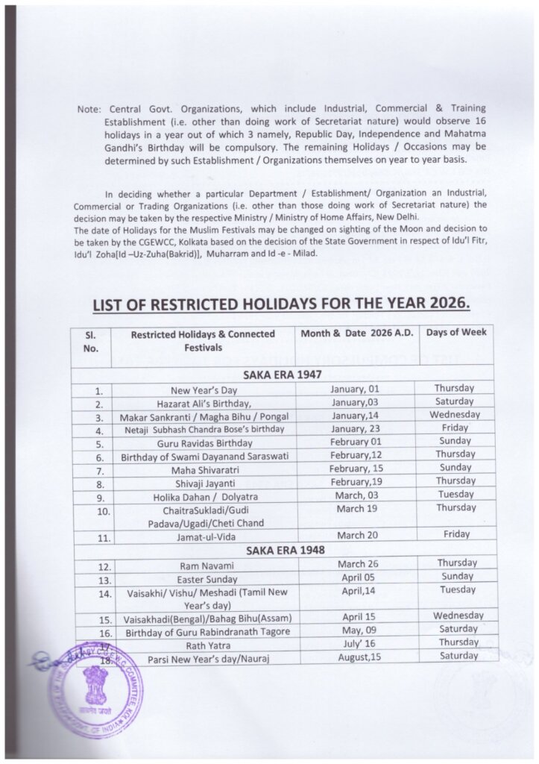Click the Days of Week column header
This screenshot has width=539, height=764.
point(456,332)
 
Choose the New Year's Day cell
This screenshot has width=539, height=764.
point(204,389)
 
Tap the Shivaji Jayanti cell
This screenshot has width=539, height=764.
point(204,481)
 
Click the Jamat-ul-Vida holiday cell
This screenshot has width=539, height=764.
point(204,536)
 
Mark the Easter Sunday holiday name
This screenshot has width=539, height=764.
point(204,579)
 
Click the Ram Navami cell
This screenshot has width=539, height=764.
point(204,566)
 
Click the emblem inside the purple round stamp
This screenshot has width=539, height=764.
point(96,681)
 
